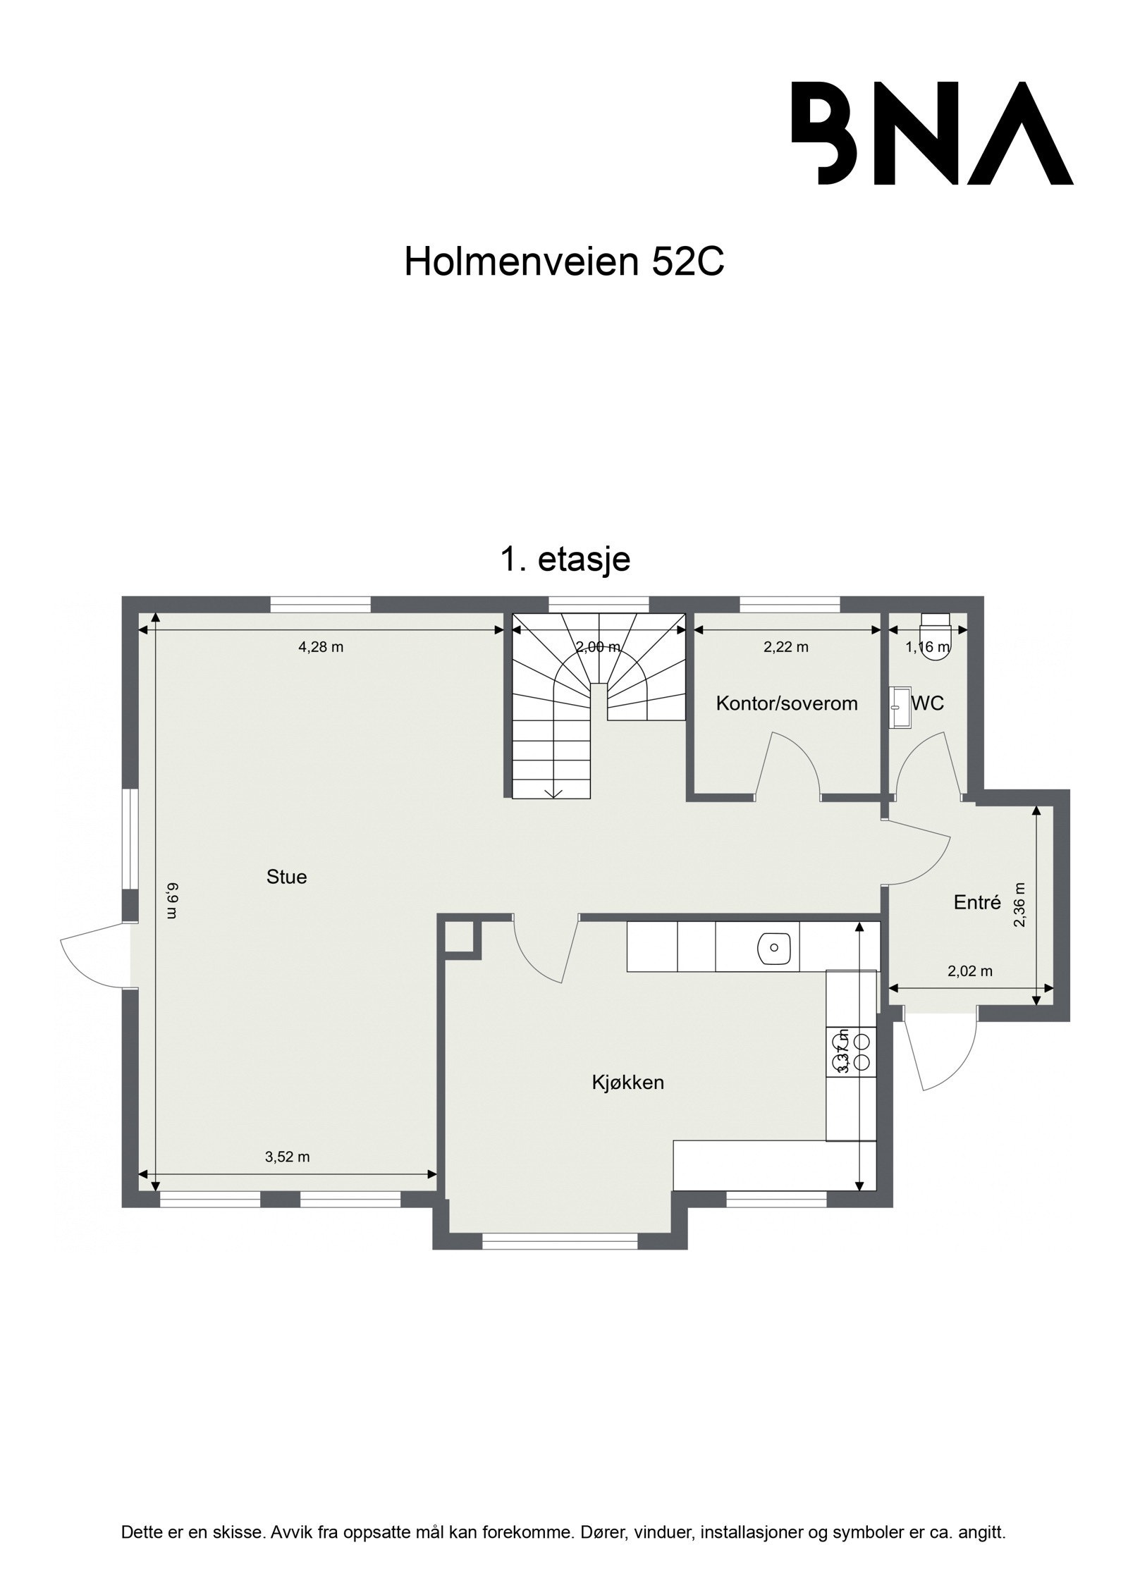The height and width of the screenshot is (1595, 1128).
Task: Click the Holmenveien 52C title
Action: click(564, 262)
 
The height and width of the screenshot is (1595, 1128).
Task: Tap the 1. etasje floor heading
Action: click(565, 560)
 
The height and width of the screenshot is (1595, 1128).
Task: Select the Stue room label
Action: click(286, 877)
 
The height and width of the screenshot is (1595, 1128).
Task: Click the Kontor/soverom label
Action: click(787, 703)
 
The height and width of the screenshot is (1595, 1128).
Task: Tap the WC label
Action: click(928, 703)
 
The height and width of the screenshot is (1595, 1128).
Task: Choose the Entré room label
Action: click(977, 902)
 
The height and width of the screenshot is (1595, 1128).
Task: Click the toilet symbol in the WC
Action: click(937, 638)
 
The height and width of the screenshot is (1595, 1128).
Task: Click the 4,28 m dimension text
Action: click(321, 647)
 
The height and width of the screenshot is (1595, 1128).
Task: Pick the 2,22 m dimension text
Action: click(786, 647)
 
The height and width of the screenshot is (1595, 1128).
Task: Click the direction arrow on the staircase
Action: click(554, 792)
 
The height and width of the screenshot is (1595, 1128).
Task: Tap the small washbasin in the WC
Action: click(900, 707)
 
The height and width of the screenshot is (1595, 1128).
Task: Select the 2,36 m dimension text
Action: click(1019, 905)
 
